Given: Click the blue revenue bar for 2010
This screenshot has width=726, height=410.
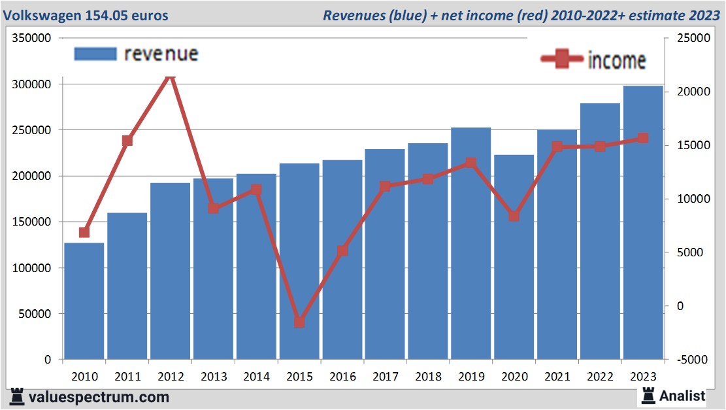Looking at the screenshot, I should [84, 301].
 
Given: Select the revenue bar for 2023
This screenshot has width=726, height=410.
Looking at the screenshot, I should [643, 222].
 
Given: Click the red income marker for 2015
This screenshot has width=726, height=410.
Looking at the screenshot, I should [299, 322].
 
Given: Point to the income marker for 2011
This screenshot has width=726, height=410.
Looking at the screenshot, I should [127, 141].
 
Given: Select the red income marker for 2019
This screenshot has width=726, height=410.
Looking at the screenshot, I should [471, 163].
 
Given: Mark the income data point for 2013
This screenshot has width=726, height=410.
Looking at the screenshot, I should [214, 208].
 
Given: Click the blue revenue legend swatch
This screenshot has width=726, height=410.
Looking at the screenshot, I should [95, 54].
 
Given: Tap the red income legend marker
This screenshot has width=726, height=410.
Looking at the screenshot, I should [562, 60].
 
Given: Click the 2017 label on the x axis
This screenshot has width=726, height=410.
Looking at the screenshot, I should [385, 377].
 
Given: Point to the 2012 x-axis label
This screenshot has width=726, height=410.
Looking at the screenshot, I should [171, 377].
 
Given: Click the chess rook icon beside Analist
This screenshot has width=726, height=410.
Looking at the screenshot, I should [648, 395].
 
